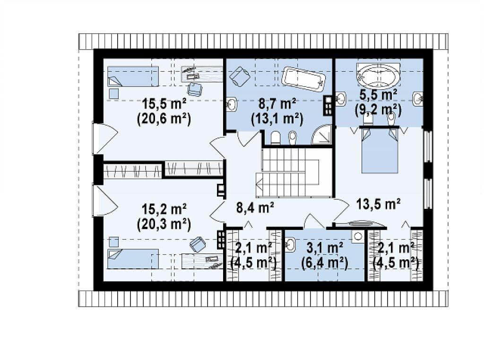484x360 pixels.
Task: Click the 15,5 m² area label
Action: point(164,104)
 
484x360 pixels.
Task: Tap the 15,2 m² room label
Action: point(164,209)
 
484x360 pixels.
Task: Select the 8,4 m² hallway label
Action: point(255,207)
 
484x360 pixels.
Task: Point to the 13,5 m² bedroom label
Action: point(379,204)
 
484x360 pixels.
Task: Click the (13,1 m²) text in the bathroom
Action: point(277,119)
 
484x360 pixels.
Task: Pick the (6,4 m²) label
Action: point(324,263)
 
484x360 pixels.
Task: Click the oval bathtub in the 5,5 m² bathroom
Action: point(378,75)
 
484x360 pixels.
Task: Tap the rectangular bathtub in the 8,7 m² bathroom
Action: point(303,79)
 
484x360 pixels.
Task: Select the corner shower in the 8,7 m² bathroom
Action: point(321,135)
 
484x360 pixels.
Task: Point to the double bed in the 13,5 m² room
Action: point(380,150)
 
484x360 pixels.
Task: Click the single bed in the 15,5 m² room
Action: point(133,76)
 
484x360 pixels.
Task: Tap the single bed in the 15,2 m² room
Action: point(133,259)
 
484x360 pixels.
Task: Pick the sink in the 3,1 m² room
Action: point(291,245)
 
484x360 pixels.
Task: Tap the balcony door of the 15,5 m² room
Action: point(105,138)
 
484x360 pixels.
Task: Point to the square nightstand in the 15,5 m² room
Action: point(114,94)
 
